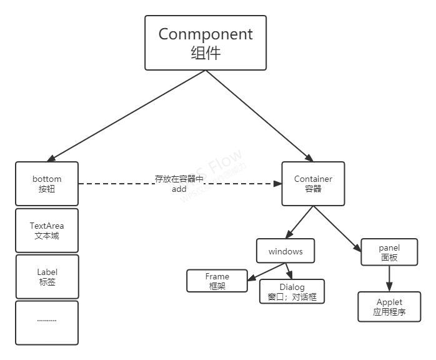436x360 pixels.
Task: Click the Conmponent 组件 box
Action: [206, 42]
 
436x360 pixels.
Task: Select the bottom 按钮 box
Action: [47, 184]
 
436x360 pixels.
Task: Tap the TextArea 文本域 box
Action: [47, 231]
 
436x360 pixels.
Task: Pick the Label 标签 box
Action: [47, 277]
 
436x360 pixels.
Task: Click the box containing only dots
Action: [47, 322]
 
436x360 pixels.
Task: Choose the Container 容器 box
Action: [313, 184]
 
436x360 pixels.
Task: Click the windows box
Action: [285, 251]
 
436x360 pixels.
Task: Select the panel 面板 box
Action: [389, 252]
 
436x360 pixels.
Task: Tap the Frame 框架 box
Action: [217, 281]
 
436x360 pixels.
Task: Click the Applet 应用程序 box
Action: [389, 307]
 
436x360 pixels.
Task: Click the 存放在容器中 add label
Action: [179, 184]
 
